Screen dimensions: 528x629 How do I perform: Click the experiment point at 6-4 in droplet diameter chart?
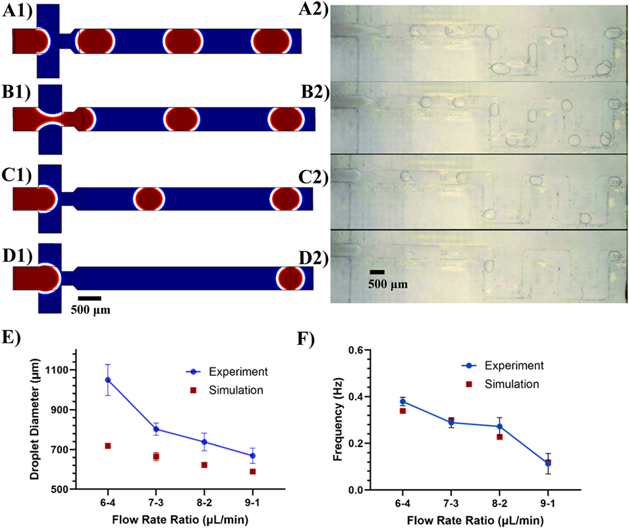click(107, 379)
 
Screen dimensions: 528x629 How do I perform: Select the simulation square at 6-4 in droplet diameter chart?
click(107, 446)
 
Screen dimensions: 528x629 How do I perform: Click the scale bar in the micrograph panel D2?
click(377, 271)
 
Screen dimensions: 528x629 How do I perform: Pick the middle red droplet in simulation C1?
click(148, 198)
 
